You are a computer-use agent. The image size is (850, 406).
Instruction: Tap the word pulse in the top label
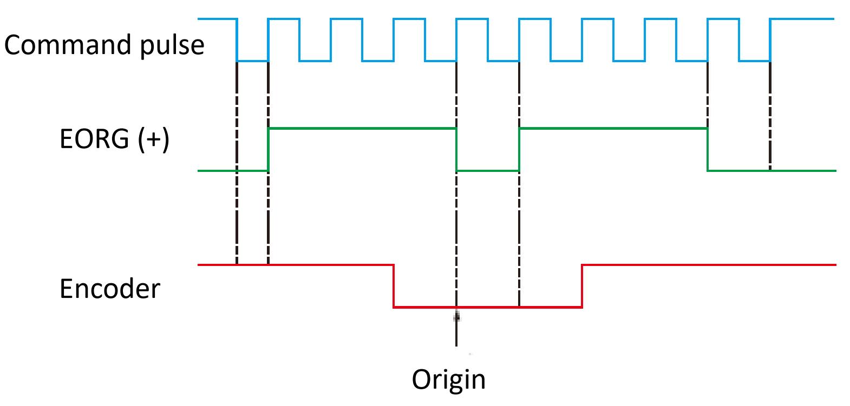(x=172, y=46)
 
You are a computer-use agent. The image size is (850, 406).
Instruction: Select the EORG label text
(x=94, y=139)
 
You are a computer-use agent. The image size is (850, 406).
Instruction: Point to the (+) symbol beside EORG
(x=153, y=139)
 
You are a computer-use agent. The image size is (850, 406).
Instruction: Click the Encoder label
(x=110, y=289)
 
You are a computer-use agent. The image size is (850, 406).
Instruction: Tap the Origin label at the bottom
(x=449, y=379)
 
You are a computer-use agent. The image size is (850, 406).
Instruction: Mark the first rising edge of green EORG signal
(x=269, y=150)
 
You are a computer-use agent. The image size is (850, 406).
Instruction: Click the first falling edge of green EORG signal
(x=456, y=150)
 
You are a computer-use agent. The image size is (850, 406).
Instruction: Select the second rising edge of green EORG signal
(x=519, y=150)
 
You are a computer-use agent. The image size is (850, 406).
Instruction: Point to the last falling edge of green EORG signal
(x=708, y=150)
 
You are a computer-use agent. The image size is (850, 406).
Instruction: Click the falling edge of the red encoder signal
(x=394, y=286)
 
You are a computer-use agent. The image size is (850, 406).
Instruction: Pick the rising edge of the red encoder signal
(x=582, y=286)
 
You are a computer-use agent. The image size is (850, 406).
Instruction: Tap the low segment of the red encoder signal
(x=487, y=307)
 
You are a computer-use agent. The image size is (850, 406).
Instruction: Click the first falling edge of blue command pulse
(x=237, y=40)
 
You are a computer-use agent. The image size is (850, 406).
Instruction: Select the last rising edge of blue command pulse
(x=770, y=40)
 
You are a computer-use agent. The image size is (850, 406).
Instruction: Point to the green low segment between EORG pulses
(x=488, y=171)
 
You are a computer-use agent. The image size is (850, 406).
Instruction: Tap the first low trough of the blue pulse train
(x=253, y=61)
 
